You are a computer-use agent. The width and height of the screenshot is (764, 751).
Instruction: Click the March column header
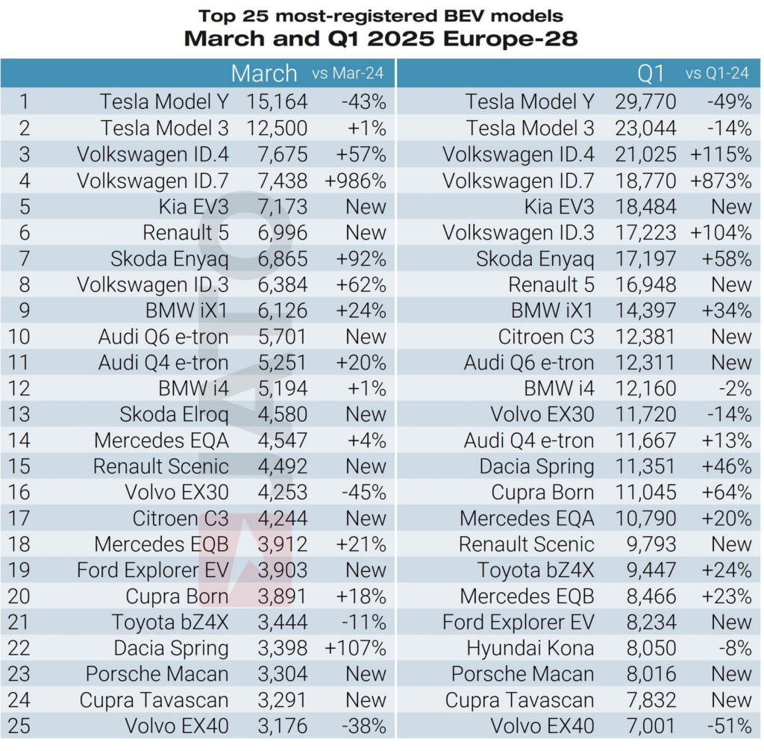263,73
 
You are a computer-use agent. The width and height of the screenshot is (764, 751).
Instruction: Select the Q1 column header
651,73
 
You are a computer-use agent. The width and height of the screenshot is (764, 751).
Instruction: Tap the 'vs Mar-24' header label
349,74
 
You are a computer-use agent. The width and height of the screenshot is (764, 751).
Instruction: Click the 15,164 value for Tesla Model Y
276,102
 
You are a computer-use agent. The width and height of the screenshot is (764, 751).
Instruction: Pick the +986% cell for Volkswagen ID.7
355,180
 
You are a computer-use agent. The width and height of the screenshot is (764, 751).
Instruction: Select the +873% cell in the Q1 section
721,180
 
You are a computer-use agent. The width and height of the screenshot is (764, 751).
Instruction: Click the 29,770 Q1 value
645,102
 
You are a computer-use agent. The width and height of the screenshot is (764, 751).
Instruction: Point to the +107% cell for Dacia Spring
355,648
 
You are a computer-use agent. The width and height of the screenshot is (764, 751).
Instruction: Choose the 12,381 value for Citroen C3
645,336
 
